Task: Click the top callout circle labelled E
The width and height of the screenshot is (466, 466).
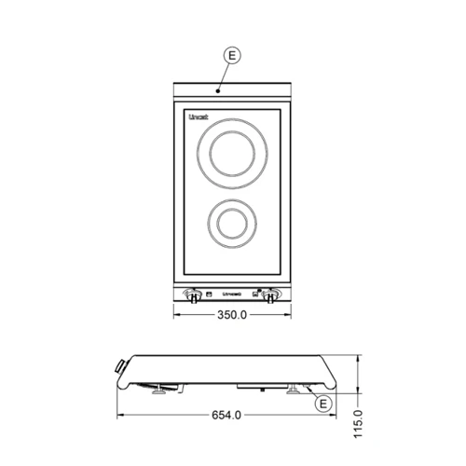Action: pyautogui.click(x=233, y=55)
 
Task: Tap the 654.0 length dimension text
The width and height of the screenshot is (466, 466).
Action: pyautogui.click(x=226, y=415)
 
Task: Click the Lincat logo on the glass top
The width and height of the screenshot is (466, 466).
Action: pyautogui.click(x=199, y=117)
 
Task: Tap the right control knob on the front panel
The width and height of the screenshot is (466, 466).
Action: pyautogui.click(x=271, y=297)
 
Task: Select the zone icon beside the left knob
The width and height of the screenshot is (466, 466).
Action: pyautogui.click(x=210, y=293)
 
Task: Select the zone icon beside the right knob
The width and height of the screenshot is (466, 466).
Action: pyautogui.click(x=254, y=293)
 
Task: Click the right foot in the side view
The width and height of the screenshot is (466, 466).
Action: pyautogui.click(x=295, y=391)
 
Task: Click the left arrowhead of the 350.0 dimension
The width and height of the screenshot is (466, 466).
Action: pyautogui.click(x=177, y=315)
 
